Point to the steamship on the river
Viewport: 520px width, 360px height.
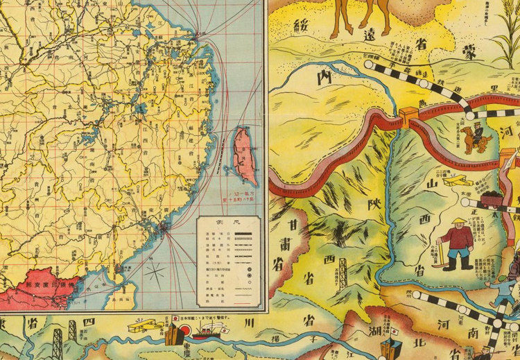click(x=206, y=332)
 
